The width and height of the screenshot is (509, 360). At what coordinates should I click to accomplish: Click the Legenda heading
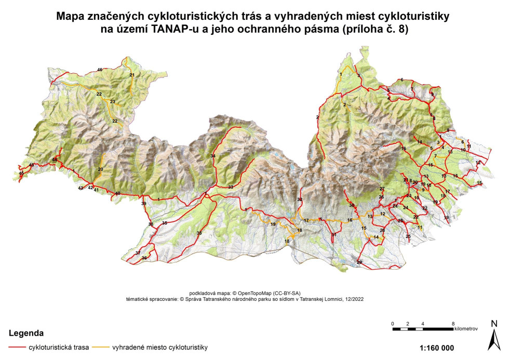pos(26,332)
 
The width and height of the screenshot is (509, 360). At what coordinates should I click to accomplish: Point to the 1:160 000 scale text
pos(436,348)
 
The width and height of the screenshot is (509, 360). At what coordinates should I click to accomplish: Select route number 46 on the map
pos(100,70)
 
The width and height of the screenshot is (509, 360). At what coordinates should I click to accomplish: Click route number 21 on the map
pos(132,75)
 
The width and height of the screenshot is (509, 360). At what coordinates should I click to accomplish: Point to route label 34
pos(212,156)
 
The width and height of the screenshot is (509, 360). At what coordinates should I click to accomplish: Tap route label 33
pos(230,187)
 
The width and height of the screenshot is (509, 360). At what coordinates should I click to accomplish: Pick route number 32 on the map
pos(300,199)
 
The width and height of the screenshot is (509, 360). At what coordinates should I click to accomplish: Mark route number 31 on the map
pos(334,235)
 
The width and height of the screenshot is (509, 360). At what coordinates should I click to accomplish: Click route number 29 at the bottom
pos(359,262)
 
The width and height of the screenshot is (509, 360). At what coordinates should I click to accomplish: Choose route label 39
pos(144,204)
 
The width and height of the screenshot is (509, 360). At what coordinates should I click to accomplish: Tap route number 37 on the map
pos(138,252)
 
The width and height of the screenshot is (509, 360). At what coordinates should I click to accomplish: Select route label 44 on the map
pos(54,159)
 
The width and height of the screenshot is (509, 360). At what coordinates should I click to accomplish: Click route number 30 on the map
pos(352,206)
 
